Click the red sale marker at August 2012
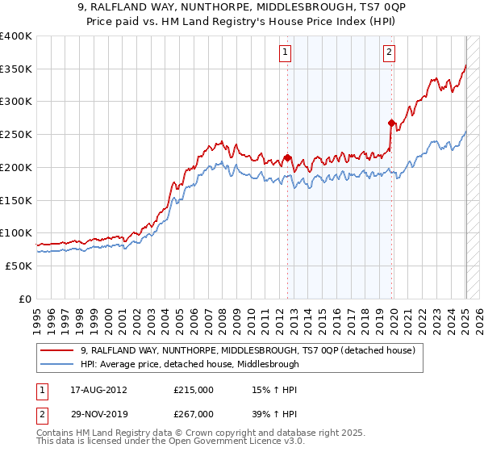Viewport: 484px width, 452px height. pyautogui.click(x=287, y=158)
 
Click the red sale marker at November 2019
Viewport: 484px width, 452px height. pyautogui.click(x=391, y=123)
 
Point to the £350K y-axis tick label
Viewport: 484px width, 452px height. pyautogui.click(x=16, y=69)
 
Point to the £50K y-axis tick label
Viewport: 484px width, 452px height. pyautogui.click(x=19, y=266)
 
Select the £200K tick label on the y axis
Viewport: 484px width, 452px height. pyautogui.click(x=16, y=167)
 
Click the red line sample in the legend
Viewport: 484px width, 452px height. pyautogui.click(x=58, y=350)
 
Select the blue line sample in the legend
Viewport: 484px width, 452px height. pyautogui.click(x=58, y=364)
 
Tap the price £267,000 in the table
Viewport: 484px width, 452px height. pyautogui.click(x=194, y=413)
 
